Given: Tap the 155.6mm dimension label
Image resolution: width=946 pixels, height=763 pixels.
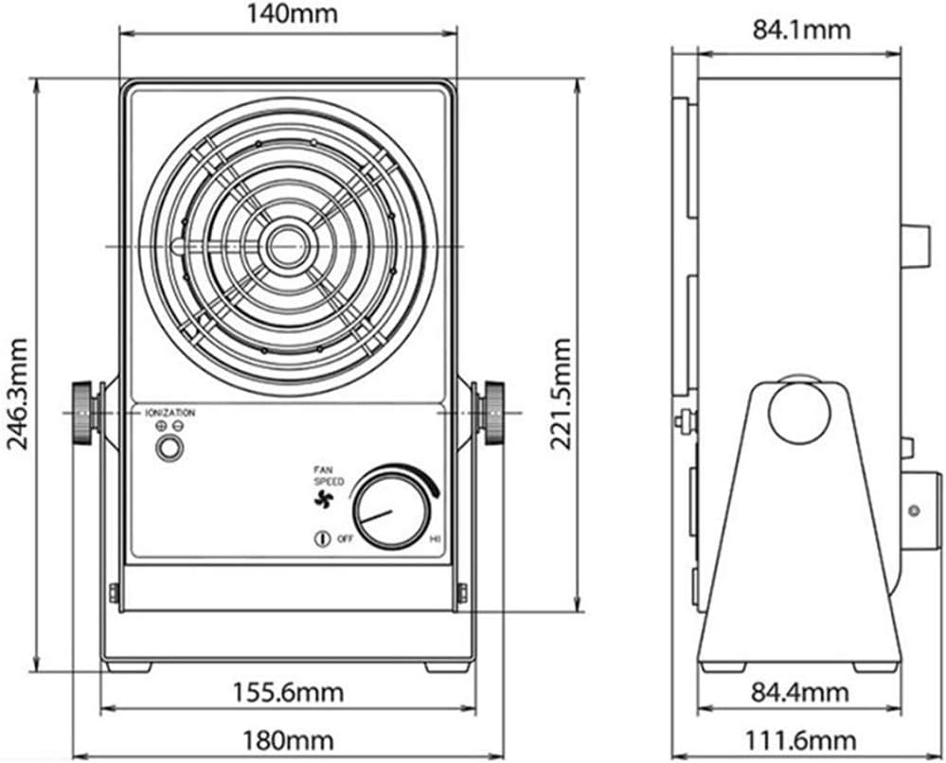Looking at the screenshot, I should coord(288,692).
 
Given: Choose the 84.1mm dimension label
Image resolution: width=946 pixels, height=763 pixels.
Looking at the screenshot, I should coord(801,29).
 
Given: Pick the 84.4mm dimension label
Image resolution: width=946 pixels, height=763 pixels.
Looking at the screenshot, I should coord(801,693).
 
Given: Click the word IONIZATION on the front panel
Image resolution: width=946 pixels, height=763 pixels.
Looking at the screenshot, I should coord(170,413).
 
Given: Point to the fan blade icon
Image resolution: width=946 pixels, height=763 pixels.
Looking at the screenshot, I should coord(325,501).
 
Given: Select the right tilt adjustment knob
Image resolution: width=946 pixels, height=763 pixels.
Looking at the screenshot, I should coord(492,413).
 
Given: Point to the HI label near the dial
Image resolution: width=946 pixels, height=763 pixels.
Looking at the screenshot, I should coord(436,539).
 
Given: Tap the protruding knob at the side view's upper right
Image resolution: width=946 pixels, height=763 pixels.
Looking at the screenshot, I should coord(915,245).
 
